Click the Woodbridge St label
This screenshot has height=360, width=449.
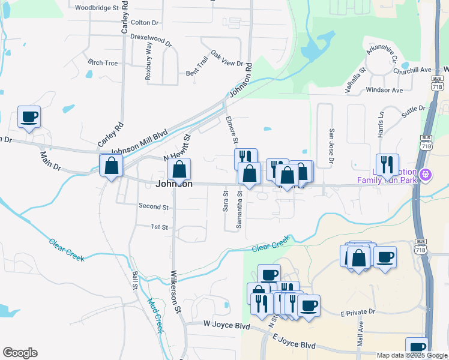[x=95, y=8]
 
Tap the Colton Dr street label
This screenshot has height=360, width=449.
[x=144, y=23]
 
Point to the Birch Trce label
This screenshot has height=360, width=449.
[x=103, y=62]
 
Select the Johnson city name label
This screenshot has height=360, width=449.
[x=175, y=184]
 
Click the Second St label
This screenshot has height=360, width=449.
[x=154, y=206]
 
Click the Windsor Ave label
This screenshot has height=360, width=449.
[x=384, y=90]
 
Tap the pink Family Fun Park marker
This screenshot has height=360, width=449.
[x=426, y=175]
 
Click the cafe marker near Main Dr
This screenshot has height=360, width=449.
[x=29, y=117]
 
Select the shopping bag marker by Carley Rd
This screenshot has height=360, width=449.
[x=112, y=166]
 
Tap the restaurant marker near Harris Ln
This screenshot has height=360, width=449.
[x=387, y=164]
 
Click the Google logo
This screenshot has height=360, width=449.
[x=20, y=353]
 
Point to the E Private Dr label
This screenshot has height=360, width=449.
[x=357, y=312]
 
